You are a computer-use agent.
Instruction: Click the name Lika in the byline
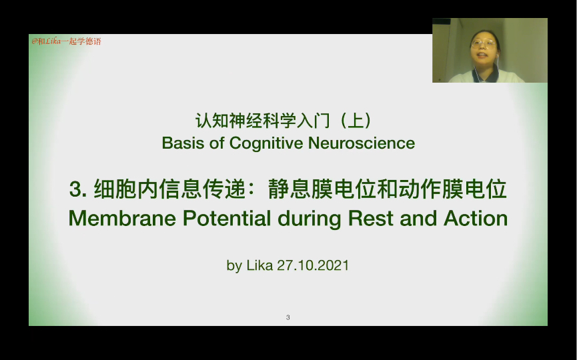[259, 265]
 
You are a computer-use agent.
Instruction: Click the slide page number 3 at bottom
[287, 317]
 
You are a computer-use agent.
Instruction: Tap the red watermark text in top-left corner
[66, 41]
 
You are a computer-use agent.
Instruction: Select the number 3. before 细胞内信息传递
[79, 190]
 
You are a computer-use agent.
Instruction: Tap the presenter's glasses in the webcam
[484, 44]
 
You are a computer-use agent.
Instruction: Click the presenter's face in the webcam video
[484, 48]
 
